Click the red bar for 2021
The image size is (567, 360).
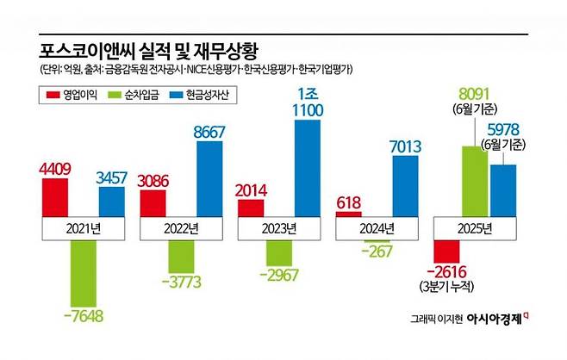pos(53,195)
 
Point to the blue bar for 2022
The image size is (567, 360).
pos(209,179)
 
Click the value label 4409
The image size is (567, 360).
pos(53,159)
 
